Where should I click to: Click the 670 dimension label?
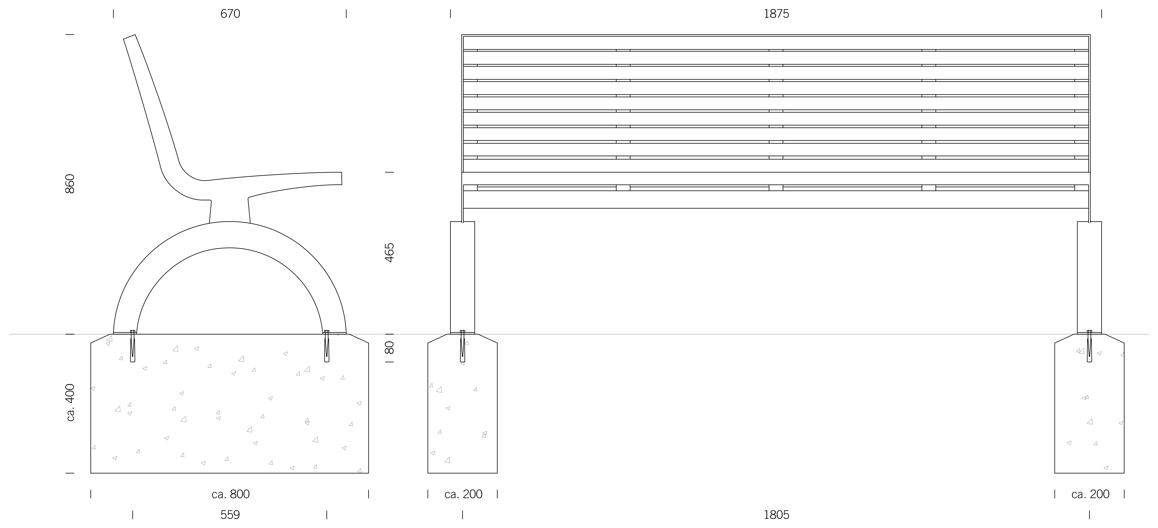(x=230, y=14)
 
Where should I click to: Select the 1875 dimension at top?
(x=776, y=14)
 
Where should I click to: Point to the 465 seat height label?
(x=389, y=253)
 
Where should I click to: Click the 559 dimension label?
(x=230, y=515)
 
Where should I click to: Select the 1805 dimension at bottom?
(x=776, y=515)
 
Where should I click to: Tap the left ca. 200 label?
(x=463, y=494)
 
